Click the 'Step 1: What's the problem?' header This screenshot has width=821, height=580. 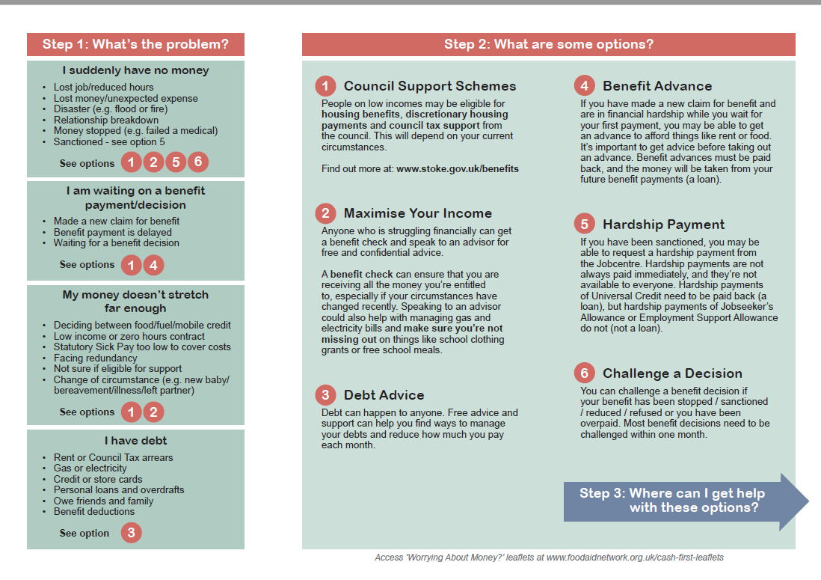pyautogui.click(x=135, y=44)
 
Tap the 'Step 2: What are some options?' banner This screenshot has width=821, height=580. pyautogui.click(x=548, y=44)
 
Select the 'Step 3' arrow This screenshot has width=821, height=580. pyautogui.click(x=685, y=501)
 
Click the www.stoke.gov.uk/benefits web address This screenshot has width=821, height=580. pyautogui.click(x=457, y=169)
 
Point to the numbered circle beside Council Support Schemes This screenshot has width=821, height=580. pyautogui.click(x=325, y=86)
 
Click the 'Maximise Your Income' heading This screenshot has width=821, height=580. pyautogui.click(x=417, y=213)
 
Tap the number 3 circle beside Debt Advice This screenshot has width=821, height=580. pyautogui.click(x=325, y=395)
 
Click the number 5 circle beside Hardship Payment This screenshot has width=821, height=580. pyautogui.click(x=585, y=225)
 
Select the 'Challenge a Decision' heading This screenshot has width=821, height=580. pyautogui.click(x=672, y=373)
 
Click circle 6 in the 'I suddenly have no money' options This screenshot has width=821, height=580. pyautogui.click(x=198, y=162)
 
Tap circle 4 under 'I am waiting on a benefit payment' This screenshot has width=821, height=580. pyautogui.click(x=153, y=264)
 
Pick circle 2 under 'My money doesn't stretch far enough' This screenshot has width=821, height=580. pyautogui.click(x=153, y=412)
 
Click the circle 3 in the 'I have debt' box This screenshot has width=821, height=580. pyautogui.click(x=131, y=533)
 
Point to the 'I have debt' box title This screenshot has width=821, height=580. pyautogui.click(x=135, y=441)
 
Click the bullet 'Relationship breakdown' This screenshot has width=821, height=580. pyautogui.click(x=105, y=120)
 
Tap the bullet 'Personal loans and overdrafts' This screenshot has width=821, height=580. pyautogui.click(x=118, y=490)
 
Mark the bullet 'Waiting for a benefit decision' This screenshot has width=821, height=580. pyautogui.click(x=116, y=242)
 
